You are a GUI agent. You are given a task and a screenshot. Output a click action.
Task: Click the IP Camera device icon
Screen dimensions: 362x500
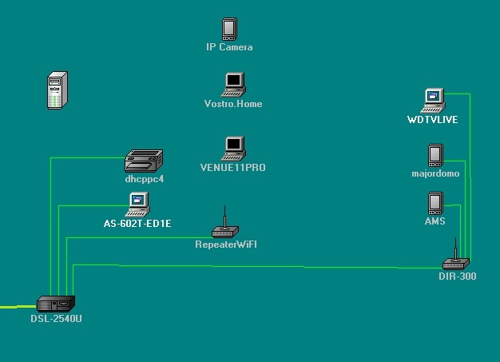pos(229,30)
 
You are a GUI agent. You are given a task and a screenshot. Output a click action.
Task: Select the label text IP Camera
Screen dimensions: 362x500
pos(229,47)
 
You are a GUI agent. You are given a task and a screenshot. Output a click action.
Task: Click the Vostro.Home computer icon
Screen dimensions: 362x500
pos(233,85)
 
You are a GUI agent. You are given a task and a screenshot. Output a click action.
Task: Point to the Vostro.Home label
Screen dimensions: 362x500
pos(233,104)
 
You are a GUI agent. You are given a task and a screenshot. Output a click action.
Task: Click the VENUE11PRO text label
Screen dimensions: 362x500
pos(233,168)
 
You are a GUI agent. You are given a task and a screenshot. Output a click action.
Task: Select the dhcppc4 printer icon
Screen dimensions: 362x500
pos(144,161)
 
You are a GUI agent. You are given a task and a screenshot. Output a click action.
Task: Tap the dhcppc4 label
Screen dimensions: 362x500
pos(145,179)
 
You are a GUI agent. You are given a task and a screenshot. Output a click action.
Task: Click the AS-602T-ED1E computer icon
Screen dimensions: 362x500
pos(138,204)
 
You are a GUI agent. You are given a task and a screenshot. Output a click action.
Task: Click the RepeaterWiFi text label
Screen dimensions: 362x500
pos(226,244)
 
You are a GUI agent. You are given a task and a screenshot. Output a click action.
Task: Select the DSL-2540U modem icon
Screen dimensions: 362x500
pos(56,303)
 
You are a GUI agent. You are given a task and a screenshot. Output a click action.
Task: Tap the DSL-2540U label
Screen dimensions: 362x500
pos(57,320)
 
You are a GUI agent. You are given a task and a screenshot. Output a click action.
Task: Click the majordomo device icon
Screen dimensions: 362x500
pos(435,155)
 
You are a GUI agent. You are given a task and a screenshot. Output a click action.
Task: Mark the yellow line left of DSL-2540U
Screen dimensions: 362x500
pos(16,307)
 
